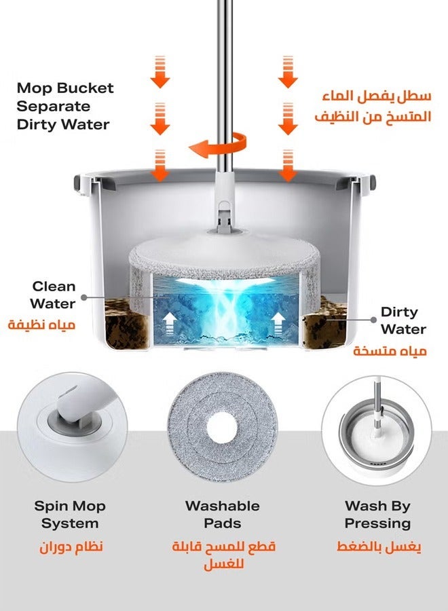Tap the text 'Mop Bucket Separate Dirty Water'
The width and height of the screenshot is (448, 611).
[65, 106]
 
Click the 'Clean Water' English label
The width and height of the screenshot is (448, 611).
[53, 295]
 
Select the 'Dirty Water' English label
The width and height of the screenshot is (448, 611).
[403, 321]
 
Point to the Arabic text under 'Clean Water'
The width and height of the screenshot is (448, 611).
[42, 325]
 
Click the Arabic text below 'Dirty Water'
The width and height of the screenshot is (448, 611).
[390, 352]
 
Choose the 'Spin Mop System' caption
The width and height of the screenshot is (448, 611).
[71, 515]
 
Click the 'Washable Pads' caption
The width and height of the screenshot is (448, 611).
[223, 515]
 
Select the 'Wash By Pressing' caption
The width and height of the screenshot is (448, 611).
[377, 515]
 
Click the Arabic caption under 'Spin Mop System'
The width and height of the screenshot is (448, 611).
[71, 547]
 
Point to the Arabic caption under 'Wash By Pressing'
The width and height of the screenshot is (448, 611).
[379, 547]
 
